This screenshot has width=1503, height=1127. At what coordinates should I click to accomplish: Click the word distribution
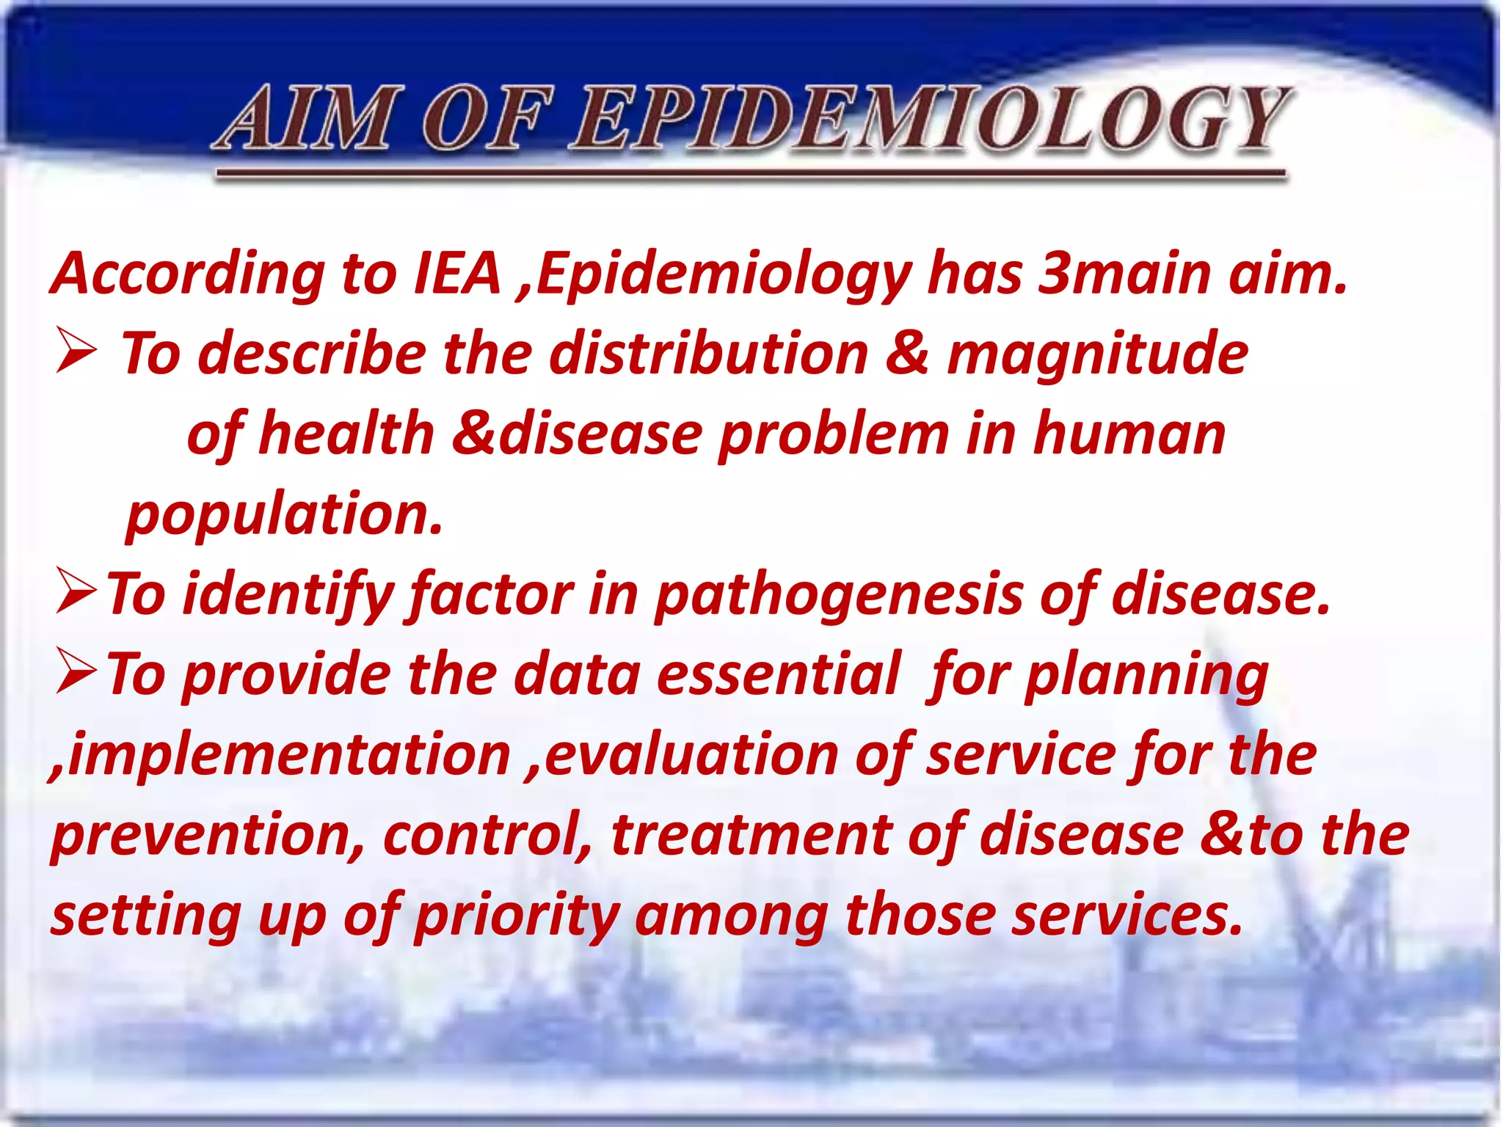tap(709, 354)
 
